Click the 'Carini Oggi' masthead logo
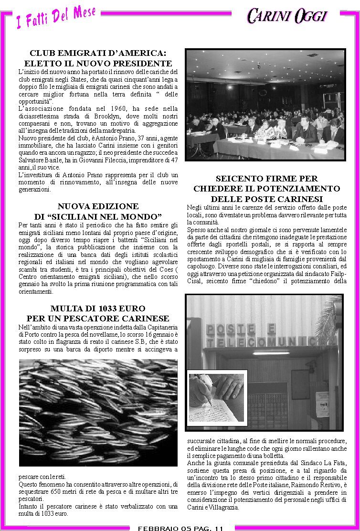pyautogui.click(x=287, y=16)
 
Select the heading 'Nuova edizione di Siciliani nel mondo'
pyautogui.click(x=98, y=212)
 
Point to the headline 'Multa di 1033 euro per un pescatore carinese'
pyautogui.click(x=98, y=313)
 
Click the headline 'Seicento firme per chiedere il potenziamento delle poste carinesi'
pyautogui.click(x=266, y=189)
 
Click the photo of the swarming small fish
pyautogui.click(x=98, y=412)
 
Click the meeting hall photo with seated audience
pyautogui.click(x=265, y=106)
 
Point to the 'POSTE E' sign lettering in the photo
pyautogui.click(x=241, y=329)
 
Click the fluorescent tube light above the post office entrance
pyautogui.click(x=271, y=353)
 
